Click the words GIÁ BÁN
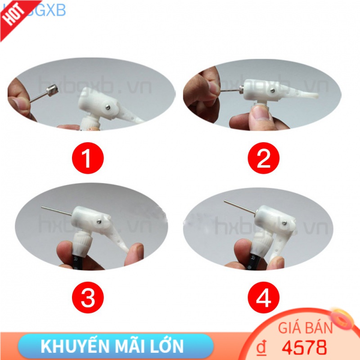pos(306,328)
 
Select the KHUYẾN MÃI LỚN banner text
pos(112,346)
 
